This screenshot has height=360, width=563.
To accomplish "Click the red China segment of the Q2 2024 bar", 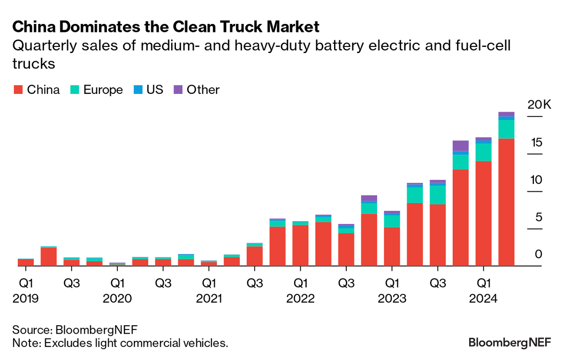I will [506, 202].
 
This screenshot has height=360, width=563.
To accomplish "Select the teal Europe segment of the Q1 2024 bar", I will [483, 152].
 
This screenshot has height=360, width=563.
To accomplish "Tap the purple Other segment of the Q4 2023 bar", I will [460, 146].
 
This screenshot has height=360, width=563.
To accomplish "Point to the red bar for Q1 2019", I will [26, 262].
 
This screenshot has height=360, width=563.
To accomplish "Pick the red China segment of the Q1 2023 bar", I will [392, 246].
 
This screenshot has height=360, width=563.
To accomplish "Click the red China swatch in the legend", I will [18, 90].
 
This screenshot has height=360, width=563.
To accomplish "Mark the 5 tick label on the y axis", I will [538, 217].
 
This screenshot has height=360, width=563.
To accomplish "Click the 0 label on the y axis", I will [538, 254].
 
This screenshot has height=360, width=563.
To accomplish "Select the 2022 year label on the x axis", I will [301, 298].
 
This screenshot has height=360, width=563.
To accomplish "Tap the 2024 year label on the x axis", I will [484, 298].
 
